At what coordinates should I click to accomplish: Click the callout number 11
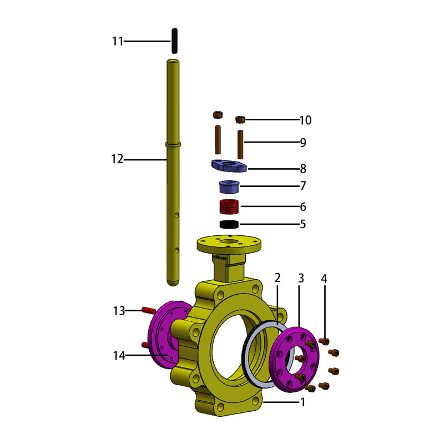pos(118,41)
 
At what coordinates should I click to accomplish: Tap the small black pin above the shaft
pos(175,41)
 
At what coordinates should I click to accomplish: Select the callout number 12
pos(117,159)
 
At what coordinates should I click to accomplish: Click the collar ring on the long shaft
pos(173,144)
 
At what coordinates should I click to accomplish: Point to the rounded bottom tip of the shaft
pos(173,283)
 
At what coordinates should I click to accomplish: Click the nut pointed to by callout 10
pos(240,119)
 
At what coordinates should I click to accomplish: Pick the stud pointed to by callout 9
pos(240,144)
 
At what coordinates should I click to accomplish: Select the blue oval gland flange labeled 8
pos(229,165)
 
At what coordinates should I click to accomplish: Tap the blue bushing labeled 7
pos(229,187)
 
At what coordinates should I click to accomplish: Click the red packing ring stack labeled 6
pos(229,206)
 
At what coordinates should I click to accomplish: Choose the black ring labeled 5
pos(229,224)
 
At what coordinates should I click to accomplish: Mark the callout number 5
pos(303,224)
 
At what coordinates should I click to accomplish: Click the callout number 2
pos(277,278)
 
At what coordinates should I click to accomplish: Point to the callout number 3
pos(301,279)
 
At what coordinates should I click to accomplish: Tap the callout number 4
pos(324,279)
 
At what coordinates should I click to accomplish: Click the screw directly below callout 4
pos(324,341)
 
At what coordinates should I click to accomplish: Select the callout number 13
pos(119,311)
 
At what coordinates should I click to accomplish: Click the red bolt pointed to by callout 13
pos(148,310)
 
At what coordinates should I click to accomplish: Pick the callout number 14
pos(119,355)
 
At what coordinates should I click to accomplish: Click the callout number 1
pos(303,402)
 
